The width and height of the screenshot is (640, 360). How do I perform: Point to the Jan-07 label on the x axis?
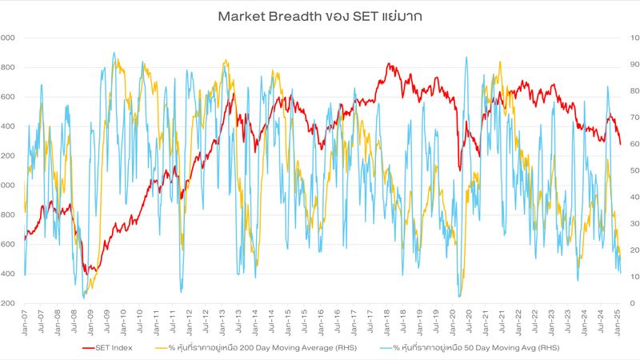[25, 318]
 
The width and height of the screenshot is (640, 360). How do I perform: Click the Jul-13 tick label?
[240, 318]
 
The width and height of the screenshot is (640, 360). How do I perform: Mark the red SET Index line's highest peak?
[389, 64]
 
